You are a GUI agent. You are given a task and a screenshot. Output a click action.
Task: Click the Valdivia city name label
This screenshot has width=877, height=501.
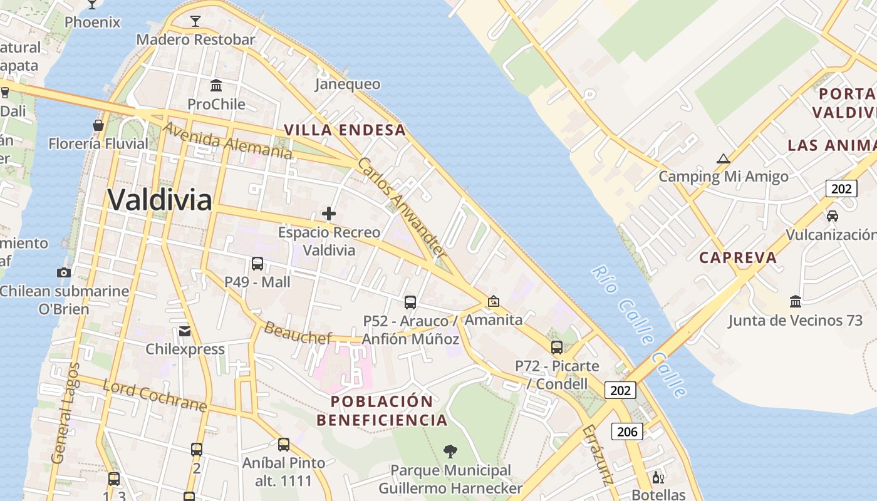[x=160, y=200]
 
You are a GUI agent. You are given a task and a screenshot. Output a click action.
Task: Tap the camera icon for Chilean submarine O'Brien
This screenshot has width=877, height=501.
[x=63, y=272]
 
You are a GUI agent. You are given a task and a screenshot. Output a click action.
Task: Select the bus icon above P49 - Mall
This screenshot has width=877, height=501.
[x=257, y=264]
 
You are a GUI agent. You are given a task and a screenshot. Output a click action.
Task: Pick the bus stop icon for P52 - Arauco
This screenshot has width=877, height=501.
[x=410, y=302]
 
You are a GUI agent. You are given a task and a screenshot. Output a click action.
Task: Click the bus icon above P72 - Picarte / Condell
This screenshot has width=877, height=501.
[x=557, y=348]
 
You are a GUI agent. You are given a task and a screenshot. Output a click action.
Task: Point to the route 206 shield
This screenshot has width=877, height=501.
[x=627, y=431]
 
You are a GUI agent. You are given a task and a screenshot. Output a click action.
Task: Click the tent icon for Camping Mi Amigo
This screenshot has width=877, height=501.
[x=724, y=158]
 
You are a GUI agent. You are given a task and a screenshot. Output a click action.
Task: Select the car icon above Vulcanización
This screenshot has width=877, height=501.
[x=832, y=216]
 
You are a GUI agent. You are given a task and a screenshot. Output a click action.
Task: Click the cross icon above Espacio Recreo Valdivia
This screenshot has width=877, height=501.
[x=329, y=214]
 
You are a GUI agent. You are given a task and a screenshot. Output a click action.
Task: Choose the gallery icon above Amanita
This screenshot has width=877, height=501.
[x=494, y=301]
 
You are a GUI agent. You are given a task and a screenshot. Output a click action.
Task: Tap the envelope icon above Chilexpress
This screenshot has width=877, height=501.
[x=185, y=331]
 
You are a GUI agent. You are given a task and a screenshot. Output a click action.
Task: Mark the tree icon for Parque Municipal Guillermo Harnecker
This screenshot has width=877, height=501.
[x=450, y=451]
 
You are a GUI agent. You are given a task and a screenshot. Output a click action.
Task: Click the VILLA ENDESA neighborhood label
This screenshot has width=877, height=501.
[x=345, y=130]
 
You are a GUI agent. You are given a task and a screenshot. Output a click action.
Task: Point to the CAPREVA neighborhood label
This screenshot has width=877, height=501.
[x=737, y=257]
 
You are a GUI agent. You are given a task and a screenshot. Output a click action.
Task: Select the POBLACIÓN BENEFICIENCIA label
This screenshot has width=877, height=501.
[x=382, y=411]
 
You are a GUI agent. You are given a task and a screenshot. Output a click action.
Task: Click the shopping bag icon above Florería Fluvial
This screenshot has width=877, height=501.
[x=98, y=125]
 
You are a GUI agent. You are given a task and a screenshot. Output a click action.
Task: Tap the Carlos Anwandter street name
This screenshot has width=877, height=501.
[x=402, y=208]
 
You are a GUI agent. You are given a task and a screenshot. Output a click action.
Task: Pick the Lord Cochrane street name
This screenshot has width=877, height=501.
[x=155, y=396]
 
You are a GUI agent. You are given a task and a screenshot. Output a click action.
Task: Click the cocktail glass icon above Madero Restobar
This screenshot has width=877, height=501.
[x=195, y=21]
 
